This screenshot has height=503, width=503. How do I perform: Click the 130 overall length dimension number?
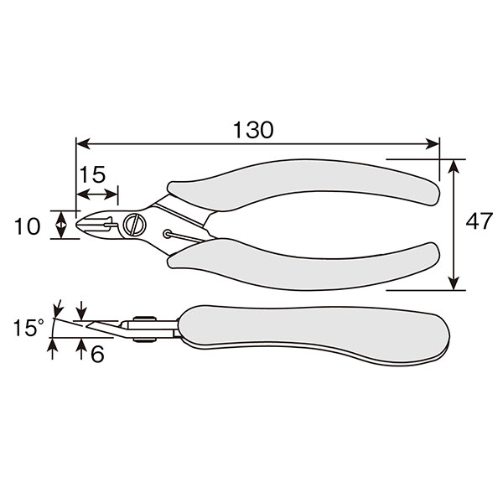pos(253,130)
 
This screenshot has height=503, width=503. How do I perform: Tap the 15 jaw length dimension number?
pos(92,174)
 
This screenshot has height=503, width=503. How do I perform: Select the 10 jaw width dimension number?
pos(28,226)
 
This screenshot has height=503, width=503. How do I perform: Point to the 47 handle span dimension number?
pos(479,221)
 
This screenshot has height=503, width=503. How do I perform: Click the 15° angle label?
pos(29,328)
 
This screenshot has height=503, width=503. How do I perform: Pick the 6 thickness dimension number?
pos(97,354)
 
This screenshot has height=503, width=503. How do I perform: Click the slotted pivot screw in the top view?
pos(135,224)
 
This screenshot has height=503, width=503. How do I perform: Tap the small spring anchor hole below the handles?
pos(167,234)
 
